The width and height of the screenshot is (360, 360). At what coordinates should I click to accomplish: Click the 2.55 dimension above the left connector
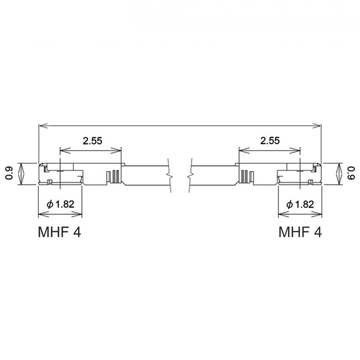92,141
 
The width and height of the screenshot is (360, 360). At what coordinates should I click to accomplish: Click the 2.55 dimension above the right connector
270,141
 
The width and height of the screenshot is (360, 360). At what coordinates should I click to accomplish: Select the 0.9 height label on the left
9,173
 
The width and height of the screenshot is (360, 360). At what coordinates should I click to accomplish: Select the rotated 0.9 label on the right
350,173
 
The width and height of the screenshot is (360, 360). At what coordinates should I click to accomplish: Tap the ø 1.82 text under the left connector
61,204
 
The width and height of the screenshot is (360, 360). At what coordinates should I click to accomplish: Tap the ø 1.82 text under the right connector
301,204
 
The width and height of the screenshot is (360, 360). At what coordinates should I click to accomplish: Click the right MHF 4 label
300,232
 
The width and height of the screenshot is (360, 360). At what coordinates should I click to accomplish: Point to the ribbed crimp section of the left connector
115,177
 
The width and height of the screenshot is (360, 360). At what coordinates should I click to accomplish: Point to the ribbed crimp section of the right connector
245,177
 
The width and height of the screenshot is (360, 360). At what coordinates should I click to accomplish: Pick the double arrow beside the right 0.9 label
338,173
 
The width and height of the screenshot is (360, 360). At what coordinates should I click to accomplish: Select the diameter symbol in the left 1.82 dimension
50,204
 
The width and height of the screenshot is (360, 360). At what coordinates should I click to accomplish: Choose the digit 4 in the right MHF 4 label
317,232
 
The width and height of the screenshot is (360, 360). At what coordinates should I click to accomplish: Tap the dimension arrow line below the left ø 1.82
60,214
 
